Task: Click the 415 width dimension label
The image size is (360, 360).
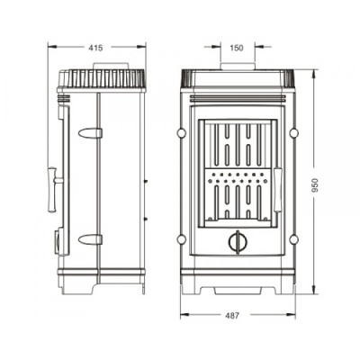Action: pos(96,48)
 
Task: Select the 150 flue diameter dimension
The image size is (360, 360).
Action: pos(237,48)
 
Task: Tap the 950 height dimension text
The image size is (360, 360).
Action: pos(315,185)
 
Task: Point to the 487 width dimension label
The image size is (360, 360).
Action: pos(232,316)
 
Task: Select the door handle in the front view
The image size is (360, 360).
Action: pos(278,190)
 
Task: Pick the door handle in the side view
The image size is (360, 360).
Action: pos(54,190)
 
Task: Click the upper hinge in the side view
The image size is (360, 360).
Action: pos(90,132)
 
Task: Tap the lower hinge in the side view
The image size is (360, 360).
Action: pos(90,239)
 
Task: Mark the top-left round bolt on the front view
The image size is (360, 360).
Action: pos(182,133)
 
